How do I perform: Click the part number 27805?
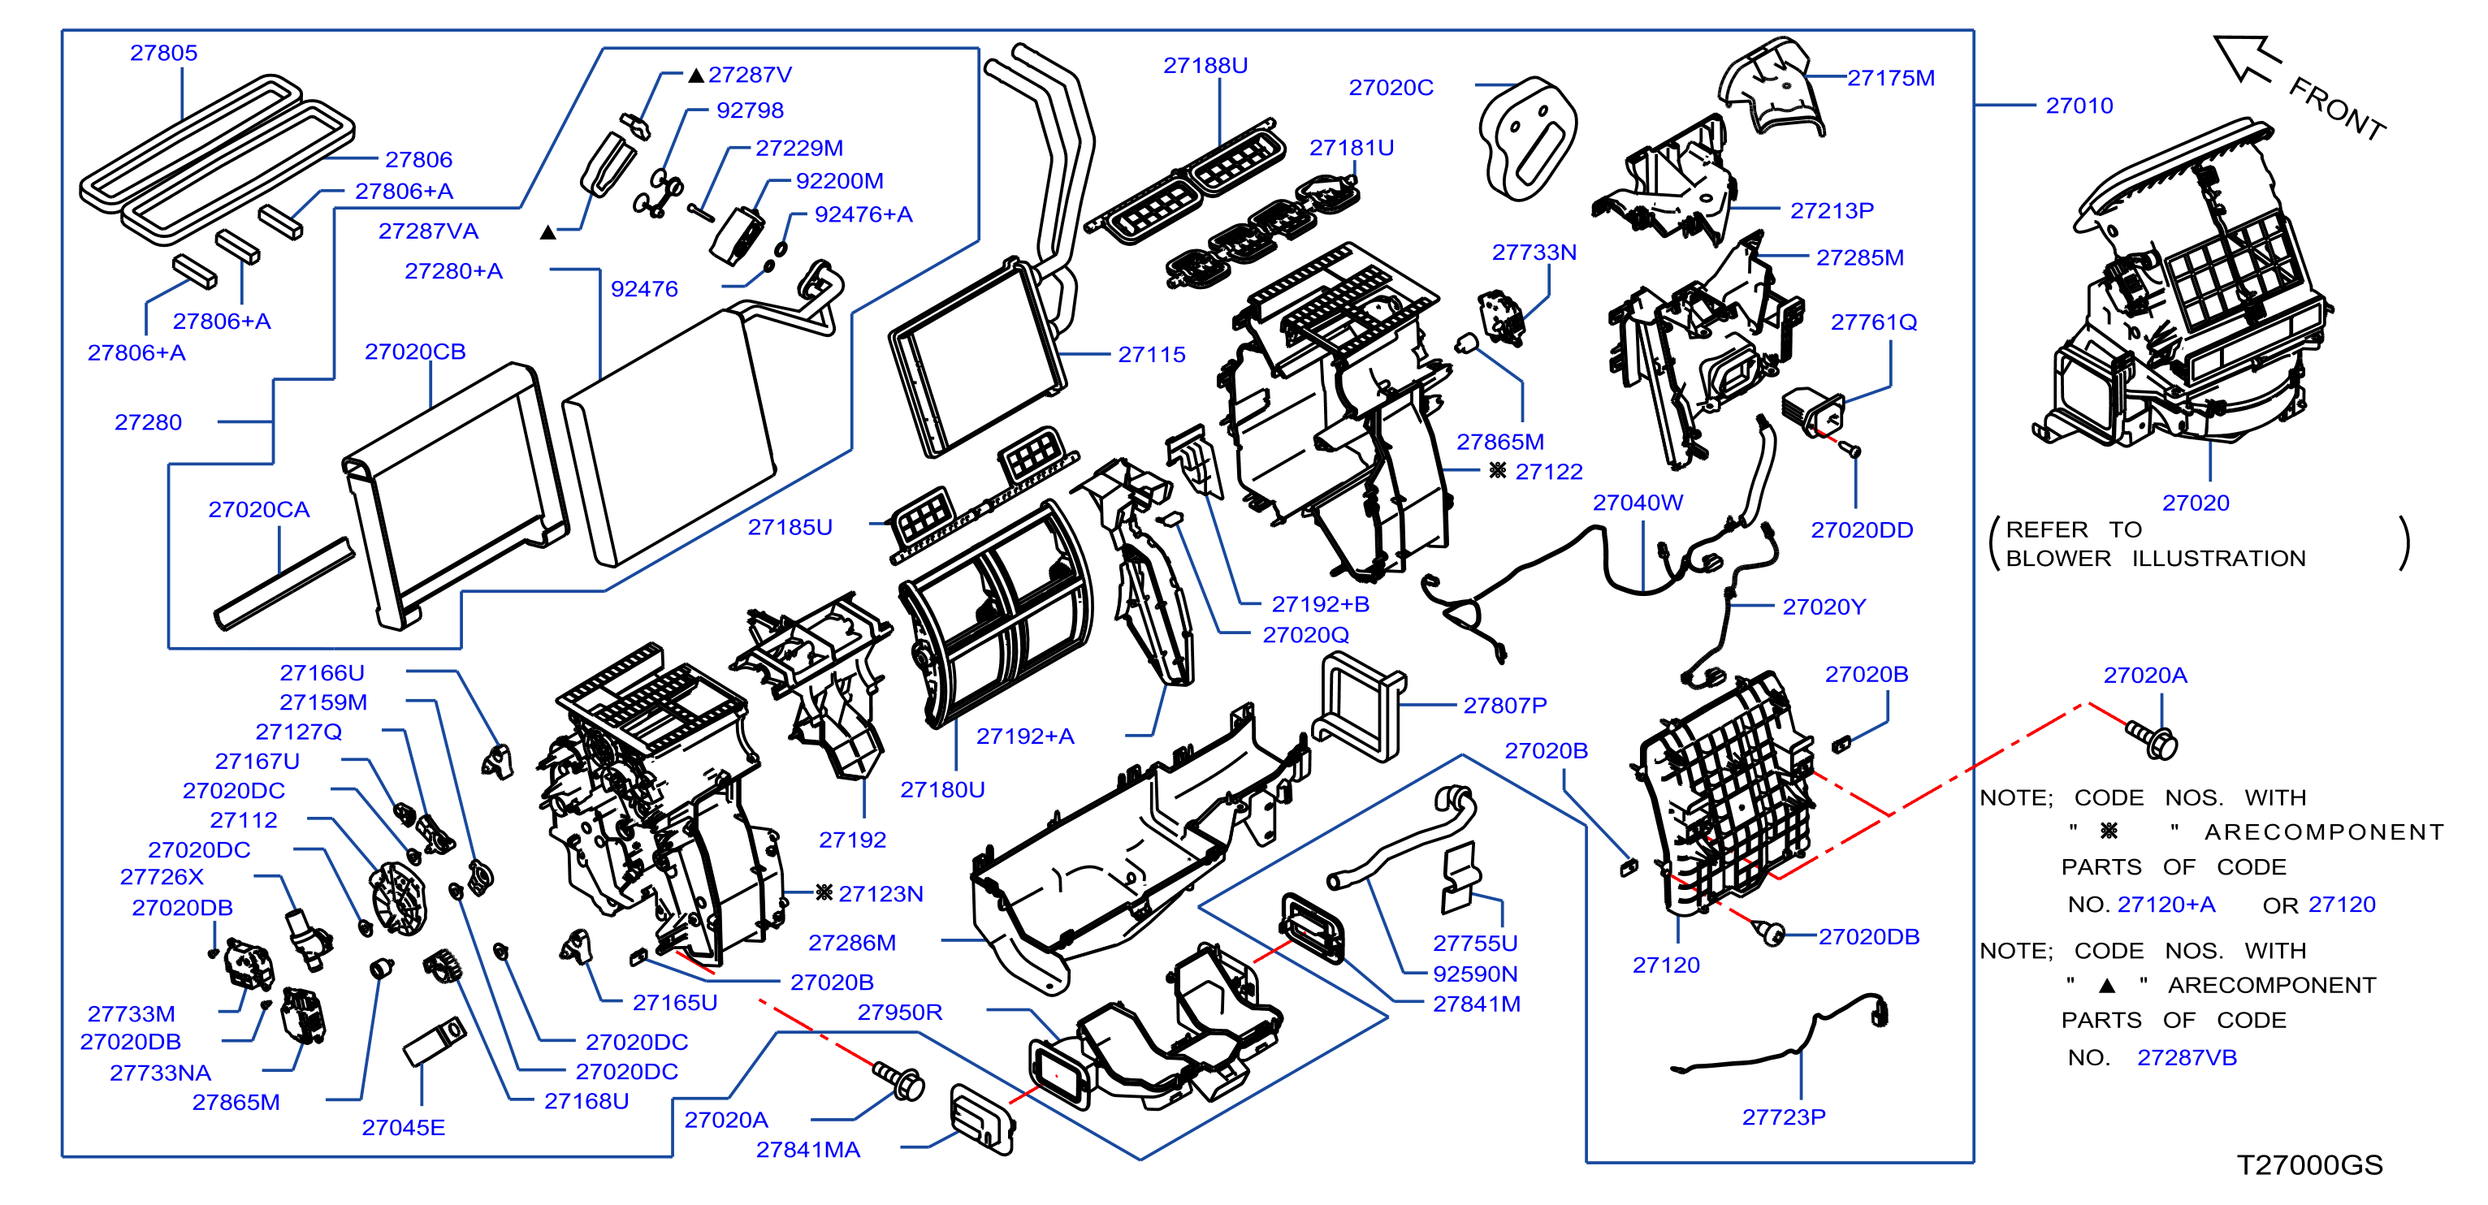click(x=163, y=53)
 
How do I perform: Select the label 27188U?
click(x=1205, y=66)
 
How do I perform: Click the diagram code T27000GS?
click(x=2309, y=1164)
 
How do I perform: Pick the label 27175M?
click(x=1890, y=78)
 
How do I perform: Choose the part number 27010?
click(x=2079, y=106)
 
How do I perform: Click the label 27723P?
click(x=1783, y=1117)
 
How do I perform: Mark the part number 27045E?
click(x=403, y=1127)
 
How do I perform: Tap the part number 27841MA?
click(x=807, y=1149)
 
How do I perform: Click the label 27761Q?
click(x=1873, y=322)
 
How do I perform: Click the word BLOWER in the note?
click(x=2057, y=558)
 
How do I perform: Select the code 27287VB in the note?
click(x=2187, y=1057)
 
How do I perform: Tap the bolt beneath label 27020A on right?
click(x=2152, y=740)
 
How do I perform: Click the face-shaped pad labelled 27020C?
click(x=1526, y=138)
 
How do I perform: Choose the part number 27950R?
click(x=899, y=1012)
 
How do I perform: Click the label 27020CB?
click(x=414, y=352)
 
